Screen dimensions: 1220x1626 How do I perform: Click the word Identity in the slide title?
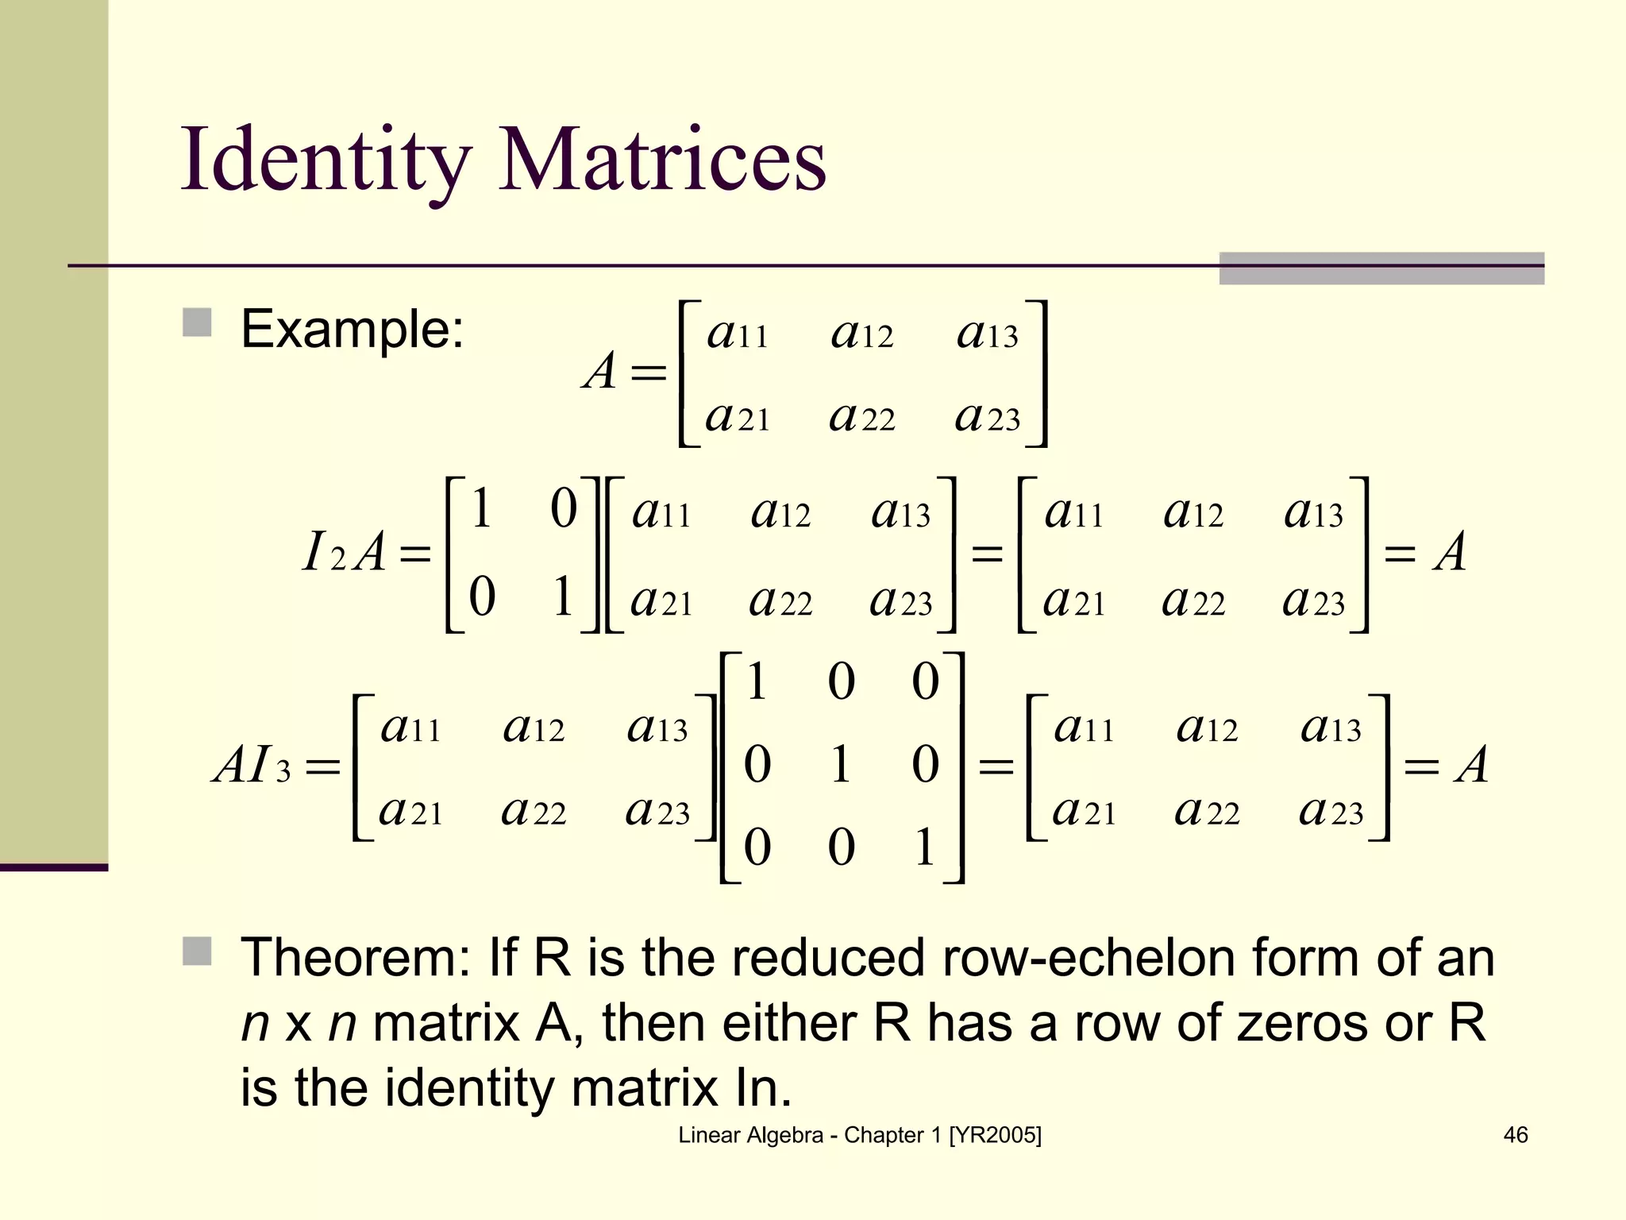tap(326, 161)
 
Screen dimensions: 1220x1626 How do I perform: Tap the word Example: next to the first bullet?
tap(352, 329)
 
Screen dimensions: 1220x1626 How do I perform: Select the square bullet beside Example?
tap(197, 323)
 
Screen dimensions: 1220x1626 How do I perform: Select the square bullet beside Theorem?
tap(197, 951)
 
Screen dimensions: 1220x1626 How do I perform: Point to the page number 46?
tap(1515, 1135)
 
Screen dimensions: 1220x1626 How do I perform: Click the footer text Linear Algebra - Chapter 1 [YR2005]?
tap(859, 1135)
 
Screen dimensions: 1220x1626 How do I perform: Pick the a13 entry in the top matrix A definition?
tap(987, 334)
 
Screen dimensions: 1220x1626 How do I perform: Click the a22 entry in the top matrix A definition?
tap(862, 417)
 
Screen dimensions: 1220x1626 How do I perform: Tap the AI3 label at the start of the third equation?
tap(252, 766)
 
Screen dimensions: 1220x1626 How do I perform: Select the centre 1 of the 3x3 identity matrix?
tap(840, 764)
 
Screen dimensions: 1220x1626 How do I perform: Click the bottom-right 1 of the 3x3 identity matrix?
tap(924, 847)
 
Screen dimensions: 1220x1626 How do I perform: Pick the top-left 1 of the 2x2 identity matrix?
tap(481, 508)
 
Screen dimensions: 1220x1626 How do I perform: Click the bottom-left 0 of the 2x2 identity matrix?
tap(482, 596)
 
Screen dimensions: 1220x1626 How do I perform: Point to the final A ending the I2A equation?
tap(1450, 552)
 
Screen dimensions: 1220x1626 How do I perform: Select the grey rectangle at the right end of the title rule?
tap(1381, 268)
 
